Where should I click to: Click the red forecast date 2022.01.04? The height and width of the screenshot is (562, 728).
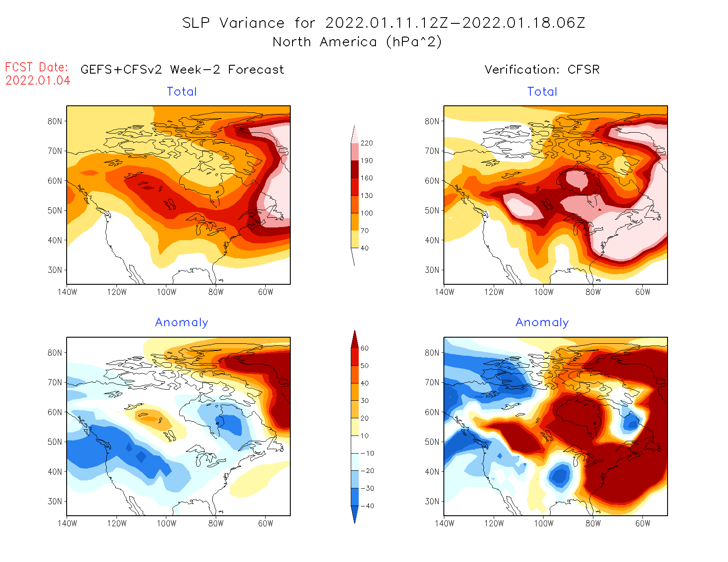coord(38,80)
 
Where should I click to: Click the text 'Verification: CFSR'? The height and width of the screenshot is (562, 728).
coord(542,70)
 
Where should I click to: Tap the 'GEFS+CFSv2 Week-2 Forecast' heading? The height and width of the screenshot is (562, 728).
coord(182,70)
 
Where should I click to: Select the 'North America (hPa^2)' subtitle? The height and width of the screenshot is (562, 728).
coord(357,42)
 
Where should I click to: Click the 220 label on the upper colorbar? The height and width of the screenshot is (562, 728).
coord(366,143)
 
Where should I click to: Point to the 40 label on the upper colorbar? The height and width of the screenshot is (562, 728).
coord(364,248)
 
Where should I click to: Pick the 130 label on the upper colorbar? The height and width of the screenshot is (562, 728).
coord(366,196)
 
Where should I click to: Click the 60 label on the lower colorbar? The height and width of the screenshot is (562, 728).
coord(364,348)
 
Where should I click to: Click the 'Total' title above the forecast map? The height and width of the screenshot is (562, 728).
coord(182,92)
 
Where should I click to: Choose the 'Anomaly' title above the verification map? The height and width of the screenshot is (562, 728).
coord(542,323)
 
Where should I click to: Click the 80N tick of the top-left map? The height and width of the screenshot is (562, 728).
coord(55,121)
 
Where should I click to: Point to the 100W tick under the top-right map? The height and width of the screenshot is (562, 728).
coord(544,292)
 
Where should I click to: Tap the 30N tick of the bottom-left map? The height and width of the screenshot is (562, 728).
coord(55,501)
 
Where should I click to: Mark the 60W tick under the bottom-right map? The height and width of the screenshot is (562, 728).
coord(643,523)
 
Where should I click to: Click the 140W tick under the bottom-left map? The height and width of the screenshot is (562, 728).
coord(67,523)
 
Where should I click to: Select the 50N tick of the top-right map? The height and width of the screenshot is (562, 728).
coord(432,210)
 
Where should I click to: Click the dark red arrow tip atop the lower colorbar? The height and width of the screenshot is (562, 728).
coord(355,337)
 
